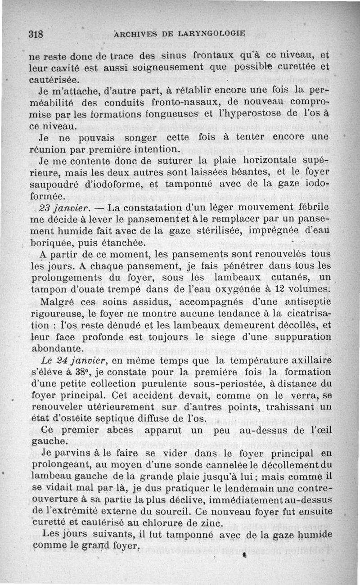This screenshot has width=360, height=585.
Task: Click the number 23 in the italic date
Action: click(x=45, y=208)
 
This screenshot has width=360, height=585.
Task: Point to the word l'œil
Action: click(x=321, y=430)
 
